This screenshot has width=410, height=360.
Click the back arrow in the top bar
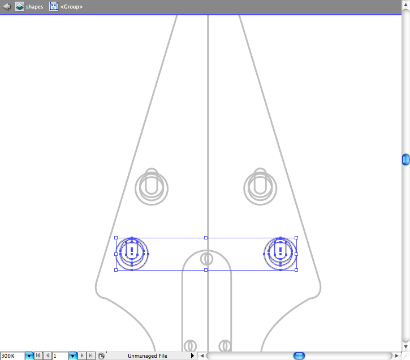pos(7,7)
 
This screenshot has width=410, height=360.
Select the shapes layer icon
pos(20,7)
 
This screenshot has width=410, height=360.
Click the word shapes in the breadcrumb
pos(34,7)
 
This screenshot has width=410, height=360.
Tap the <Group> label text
pos(71,7)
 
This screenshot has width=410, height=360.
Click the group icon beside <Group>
pos(54,7)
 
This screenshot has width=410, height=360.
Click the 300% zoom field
pos(12,356)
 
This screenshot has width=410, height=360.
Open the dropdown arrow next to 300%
pos(29,356)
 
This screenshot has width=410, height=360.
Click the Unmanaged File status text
pos(148,356)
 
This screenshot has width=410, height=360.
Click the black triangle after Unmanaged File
pos(192,356)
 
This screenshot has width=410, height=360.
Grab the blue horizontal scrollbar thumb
pos(299,356)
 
